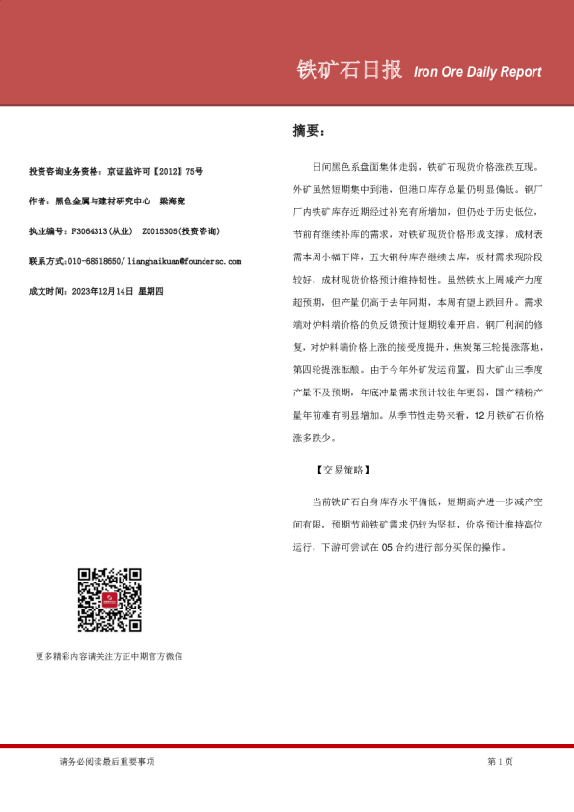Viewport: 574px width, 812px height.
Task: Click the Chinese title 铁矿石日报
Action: [x=348, y=70]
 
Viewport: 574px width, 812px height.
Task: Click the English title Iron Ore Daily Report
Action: [x=477, y=72]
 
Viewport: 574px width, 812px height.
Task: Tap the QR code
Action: [x=110, y=600]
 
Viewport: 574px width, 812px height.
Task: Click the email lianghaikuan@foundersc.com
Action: [x=184, y=261]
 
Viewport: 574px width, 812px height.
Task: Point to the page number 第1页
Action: [x=500, y=762]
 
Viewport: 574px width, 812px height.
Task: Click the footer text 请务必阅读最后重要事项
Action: [x=106, y=762]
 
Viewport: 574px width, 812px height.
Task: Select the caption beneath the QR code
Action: [x=109, y=656]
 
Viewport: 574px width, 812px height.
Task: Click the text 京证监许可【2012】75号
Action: [x=155, y=172]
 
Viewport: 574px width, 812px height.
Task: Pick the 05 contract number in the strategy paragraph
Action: [x=388, y=547]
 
